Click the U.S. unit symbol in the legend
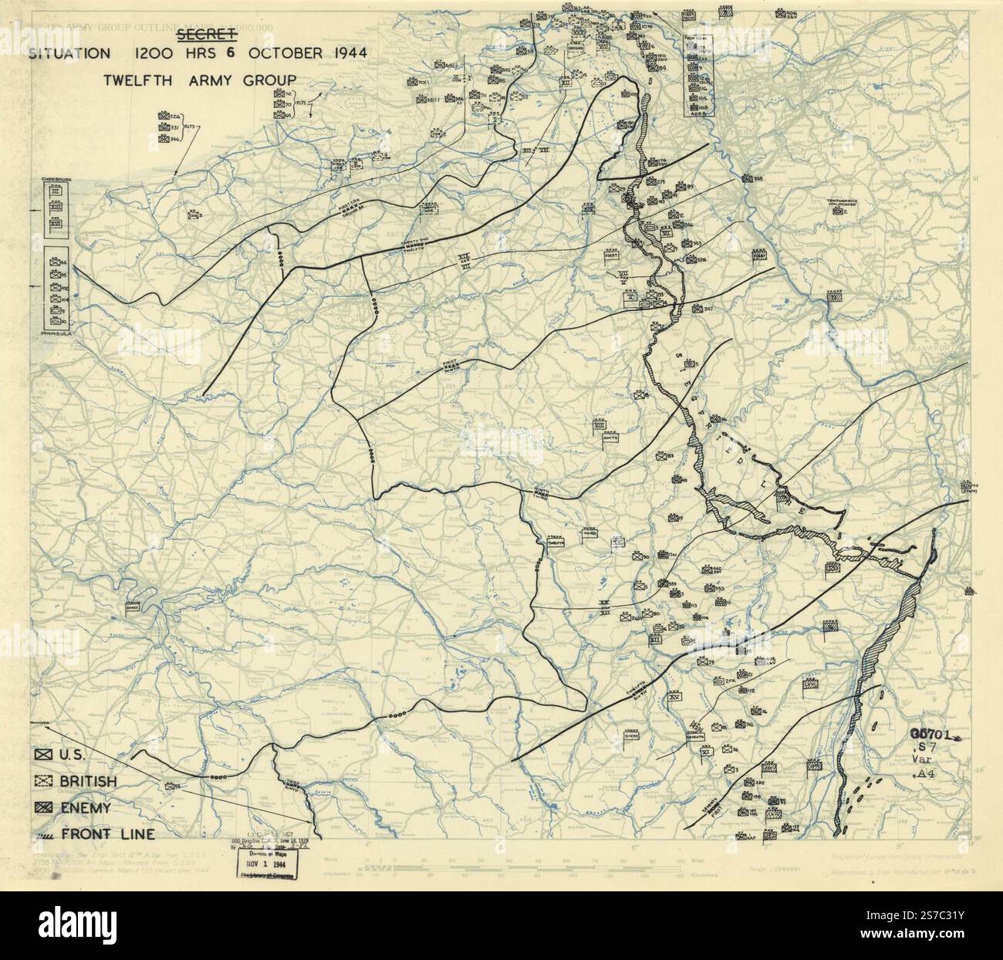pyautogui.click(x=45, y=754)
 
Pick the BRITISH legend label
pyautogui.click(x=87, y=782)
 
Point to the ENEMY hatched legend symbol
pyautogui.click(x=45, y=808)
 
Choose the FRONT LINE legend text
pyautogui.click(x=110, y=833)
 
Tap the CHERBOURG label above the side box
pyautogui.click(x=56, y=179)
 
